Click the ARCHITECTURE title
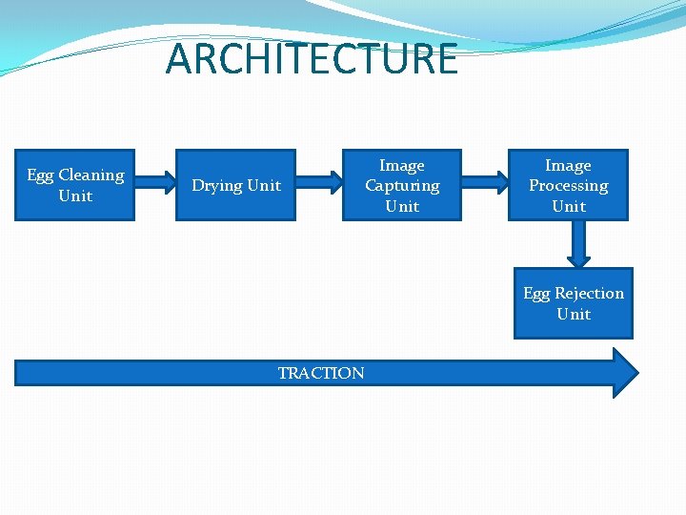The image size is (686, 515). click(312, 59)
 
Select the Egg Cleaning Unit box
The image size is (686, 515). click(75, 185)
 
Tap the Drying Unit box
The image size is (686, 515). click(236, 185)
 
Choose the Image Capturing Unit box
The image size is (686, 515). click(401, 185)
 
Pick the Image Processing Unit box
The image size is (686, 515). click(568, 185)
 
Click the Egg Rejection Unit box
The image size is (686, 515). click(573, 303)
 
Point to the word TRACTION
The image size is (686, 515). click(320, 373)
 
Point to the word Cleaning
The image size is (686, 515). click(91, 175)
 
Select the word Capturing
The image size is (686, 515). click(402, 186)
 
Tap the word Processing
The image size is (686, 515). click(568, 186)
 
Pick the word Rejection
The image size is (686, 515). click(589, 294)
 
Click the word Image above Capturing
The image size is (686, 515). click(402, 166)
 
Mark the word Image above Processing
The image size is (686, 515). click(568, 166)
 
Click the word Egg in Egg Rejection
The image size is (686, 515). click(536, 294)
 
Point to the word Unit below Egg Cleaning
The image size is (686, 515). click(75, 196)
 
